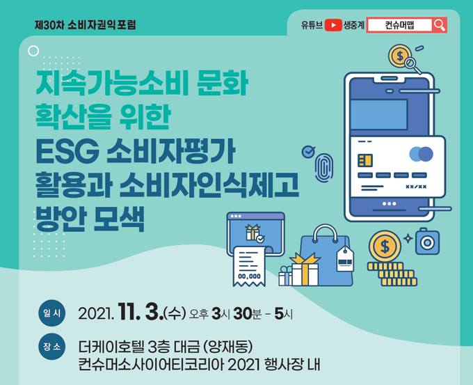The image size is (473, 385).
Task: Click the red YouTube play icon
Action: coord(333,25)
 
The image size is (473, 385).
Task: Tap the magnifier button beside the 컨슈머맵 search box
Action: coord(439,25)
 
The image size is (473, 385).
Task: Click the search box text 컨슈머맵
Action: coord(400,25)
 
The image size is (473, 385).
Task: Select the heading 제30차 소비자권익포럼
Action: coord(86,25)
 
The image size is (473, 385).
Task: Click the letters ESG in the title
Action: coord(67,152)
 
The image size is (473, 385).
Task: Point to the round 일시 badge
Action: coord(52,313)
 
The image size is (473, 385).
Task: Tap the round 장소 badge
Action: coord(52,346)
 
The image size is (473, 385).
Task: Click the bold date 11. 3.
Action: coord(141,312)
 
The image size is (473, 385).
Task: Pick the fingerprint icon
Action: coord(323,168)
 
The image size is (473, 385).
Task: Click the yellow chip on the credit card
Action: coord(365,160)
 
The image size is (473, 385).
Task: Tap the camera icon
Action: coord(427,242)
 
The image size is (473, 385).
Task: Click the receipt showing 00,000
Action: coord(249,267)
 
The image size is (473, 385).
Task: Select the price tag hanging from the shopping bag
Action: coord(345,259)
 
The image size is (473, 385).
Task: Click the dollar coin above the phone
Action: coord(400,56)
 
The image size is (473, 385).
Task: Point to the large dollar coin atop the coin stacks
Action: coord(385,246)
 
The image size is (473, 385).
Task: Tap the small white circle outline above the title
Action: coord(33,51)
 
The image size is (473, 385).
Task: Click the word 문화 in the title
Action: coord(223,83)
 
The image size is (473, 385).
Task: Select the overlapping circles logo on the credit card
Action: coord(421,154)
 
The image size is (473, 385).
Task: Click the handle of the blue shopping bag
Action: coord(325,233)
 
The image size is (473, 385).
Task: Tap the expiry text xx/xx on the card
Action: coord(416,187)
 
